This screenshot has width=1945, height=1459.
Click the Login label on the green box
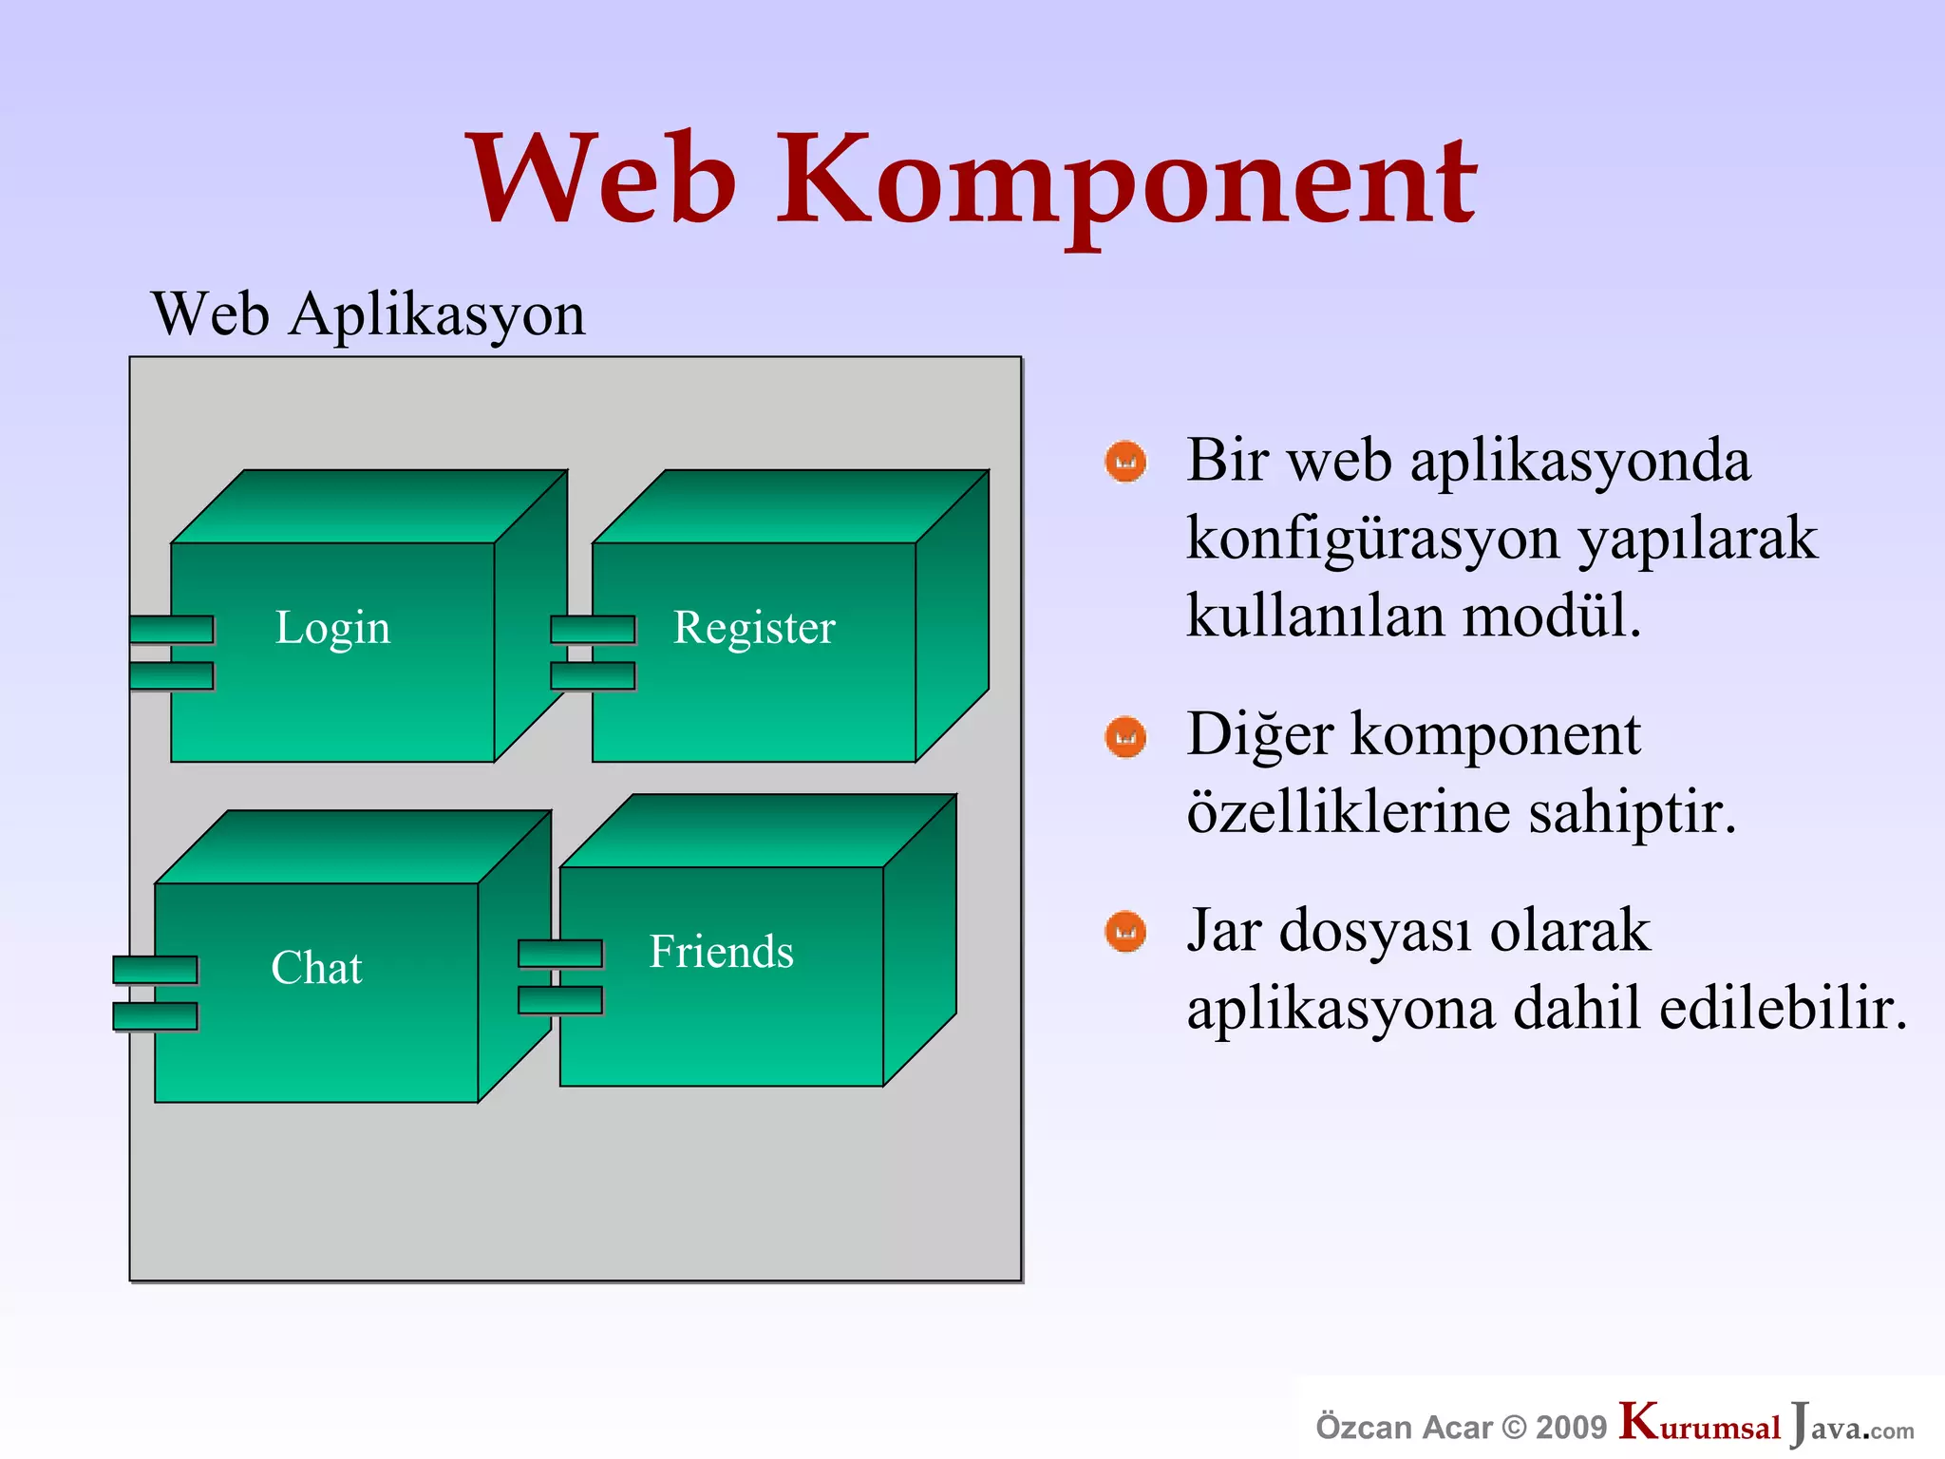(x=332, y=628)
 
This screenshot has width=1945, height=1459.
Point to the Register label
(x=754, y=628)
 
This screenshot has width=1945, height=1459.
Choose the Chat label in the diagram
(x=316, y=968)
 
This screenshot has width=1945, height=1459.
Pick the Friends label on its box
(x=721, y=952)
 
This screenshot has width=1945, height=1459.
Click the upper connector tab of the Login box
(x=171, y=629)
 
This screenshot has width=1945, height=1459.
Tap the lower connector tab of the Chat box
(x=155, y=1016)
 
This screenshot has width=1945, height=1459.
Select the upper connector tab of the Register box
(x=593, y=629)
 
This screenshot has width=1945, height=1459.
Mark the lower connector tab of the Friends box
(x=560, y=1000)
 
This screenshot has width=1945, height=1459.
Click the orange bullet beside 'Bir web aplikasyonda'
(x=1125, y=463)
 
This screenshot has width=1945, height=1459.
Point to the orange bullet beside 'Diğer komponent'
(x=1125, y=737)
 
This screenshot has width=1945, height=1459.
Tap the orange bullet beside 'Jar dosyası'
(x=1125, y=932)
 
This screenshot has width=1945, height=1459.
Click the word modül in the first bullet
(x=1551, y=616)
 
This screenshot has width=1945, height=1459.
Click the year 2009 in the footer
(x=1571, y=1427)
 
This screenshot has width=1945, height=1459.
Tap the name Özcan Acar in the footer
(x=1404, y=1427)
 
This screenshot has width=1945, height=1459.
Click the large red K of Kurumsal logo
(x=1639, y=1421)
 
